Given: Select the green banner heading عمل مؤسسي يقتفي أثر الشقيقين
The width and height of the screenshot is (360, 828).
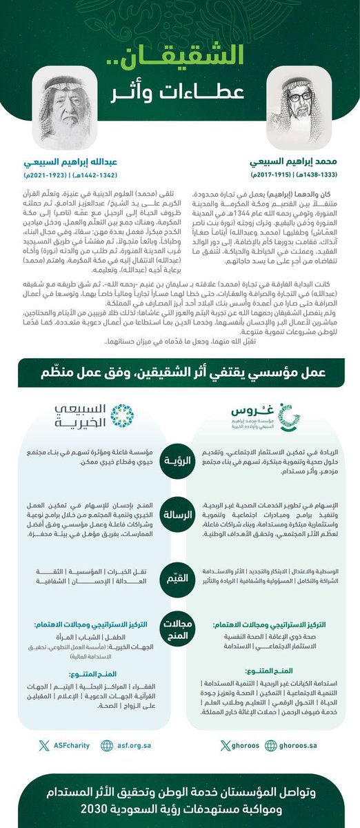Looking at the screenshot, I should point(179,372).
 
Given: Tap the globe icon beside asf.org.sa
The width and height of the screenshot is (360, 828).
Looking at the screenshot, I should point(106,745).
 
